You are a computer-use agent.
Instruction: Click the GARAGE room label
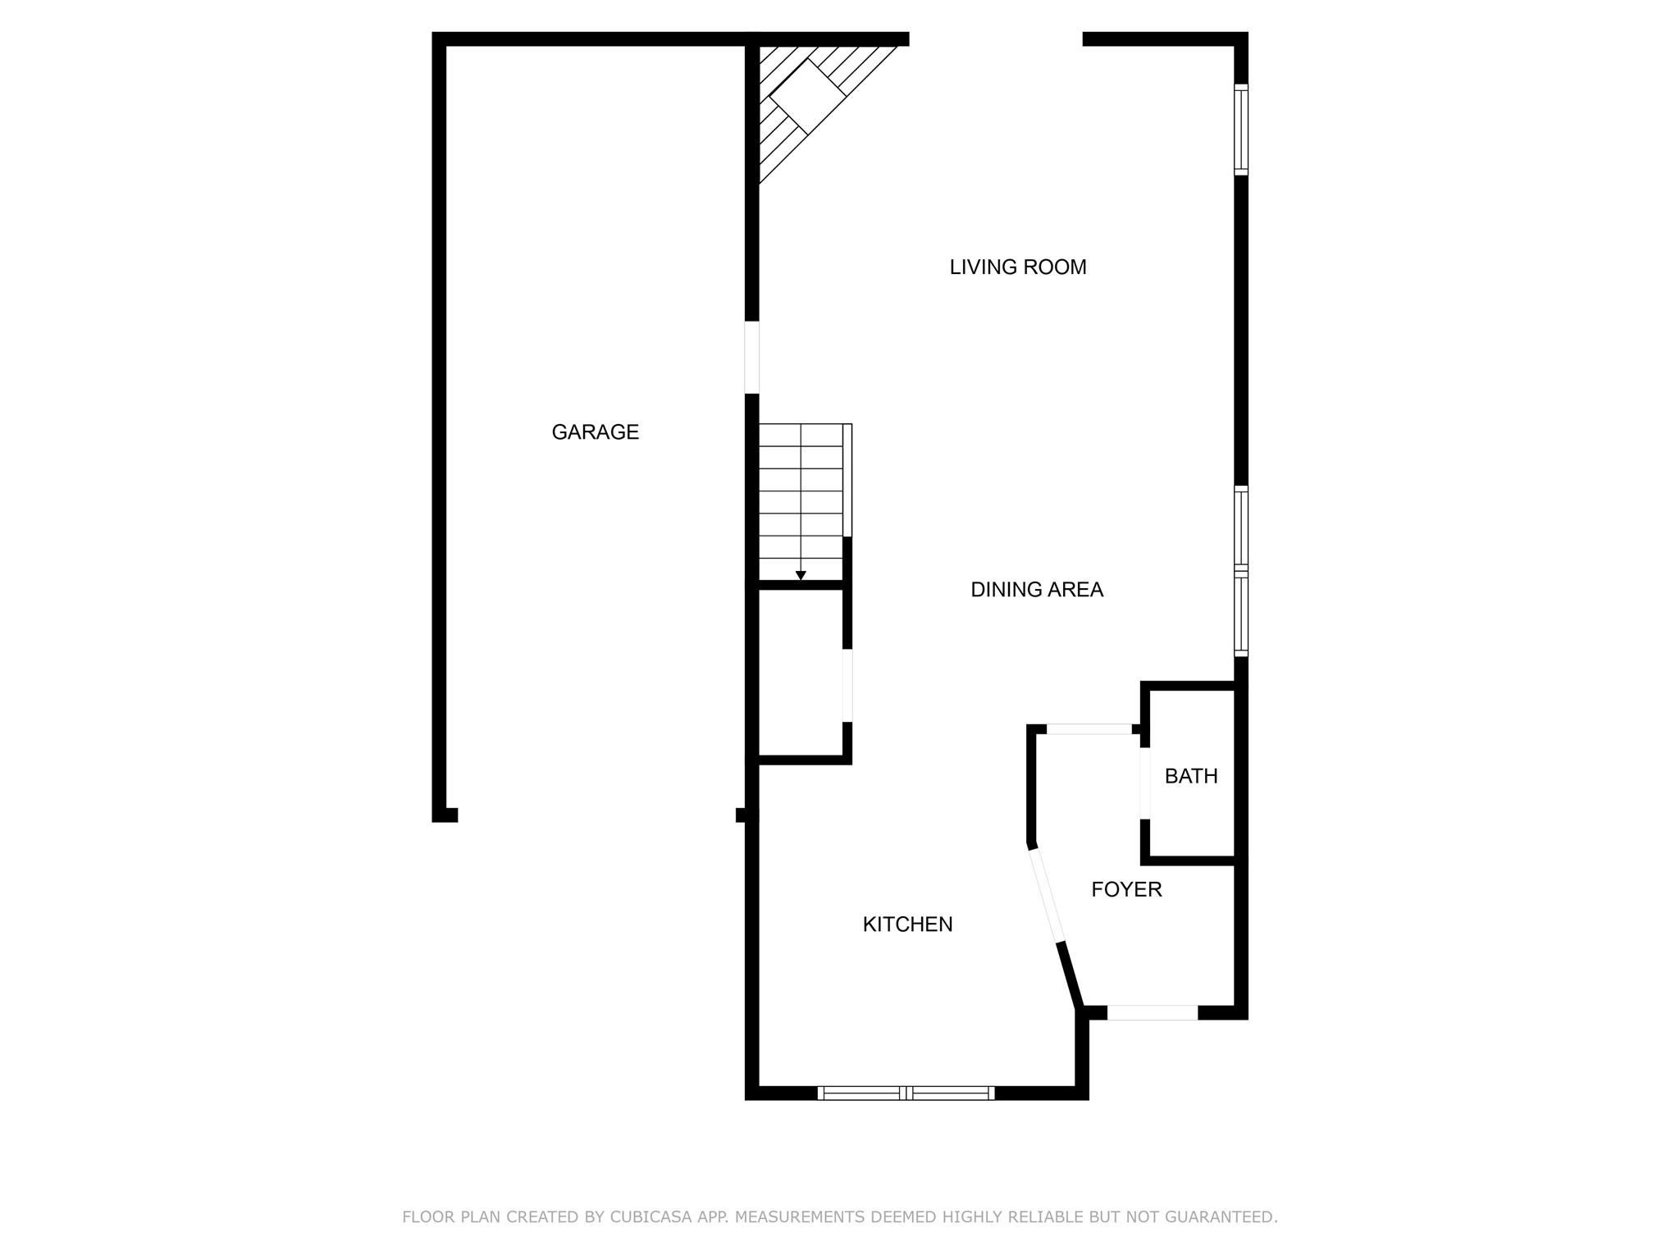pyautogui.click(x=595, y=432)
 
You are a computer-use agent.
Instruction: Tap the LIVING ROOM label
pyautogui.click(x=1017, y=267)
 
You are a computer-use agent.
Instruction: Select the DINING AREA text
pyautogui.click(x=1036, y=590)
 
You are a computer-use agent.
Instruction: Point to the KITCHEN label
pyautogui.click(x=907, y=924)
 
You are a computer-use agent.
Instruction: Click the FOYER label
pyautogui.click(x=1126, y=889)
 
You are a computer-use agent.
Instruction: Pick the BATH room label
pyautogui.click(x=1191, y=776)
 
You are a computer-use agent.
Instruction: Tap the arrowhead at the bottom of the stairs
pyautogui.click(x=801, y=575)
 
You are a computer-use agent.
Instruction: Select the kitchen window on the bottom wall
pyautogui.click(x=906, y=1093)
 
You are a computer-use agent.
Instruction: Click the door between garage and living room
pyautogui.click(x=751, y=357)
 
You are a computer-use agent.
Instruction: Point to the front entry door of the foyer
pyautogui.click(x=1152, y=1013)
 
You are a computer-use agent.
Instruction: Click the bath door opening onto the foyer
pyautogui.click(x=1145, y=783)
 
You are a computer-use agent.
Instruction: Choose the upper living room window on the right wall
pyautogui.click(x=1241, y=130)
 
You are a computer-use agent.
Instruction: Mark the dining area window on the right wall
pyautogui.click(x=1241, y=571)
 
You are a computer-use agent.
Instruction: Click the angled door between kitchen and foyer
pyautogui.click(x=1047, y=895)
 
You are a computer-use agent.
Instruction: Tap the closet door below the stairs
pyautogui.click(x=847, y=685)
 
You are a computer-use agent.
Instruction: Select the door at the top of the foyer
pyautogui.click(x=1089, y=728)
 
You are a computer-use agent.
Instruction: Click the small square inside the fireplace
pyautogui.click(x=807, y=97)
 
